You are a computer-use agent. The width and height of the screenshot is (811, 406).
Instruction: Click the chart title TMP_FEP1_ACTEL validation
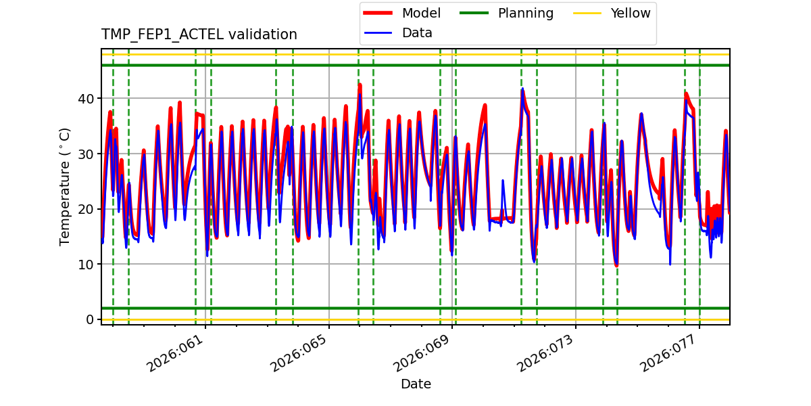click(199, 35)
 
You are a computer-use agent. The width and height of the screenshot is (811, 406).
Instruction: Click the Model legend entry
click(420, 14)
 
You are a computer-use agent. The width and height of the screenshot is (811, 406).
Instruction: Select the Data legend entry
click(417, 33)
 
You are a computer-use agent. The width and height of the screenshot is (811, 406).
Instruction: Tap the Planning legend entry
click(525, 14)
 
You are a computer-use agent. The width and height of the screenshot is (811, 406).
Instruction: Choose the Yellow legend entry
click(630, 14)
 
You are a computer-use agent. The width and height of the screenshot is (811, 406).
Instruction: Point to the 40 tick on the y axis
click(86, 99)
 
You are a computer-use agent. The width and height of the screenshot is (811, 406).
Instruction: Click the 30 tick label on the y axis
click(86, 154)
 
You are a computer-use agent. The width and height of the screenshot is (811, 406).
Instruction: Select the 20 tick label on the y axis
click(86, 209)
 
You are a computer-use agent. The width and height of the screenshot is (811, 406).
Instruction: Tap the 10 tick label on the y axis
click(86, 264)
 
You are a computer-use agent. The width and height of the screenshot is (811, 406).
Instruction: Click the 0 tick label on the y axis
click(90, 319)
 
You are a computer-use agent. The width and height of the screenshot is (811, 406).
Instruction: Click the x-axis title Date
click(416, 384)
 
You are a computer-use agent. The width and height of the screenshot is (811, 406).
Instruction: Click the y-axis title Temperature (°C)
click(65, 186)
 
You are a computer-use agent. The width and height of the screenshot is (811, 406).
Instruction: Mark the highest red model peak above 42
click(360, 85)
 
